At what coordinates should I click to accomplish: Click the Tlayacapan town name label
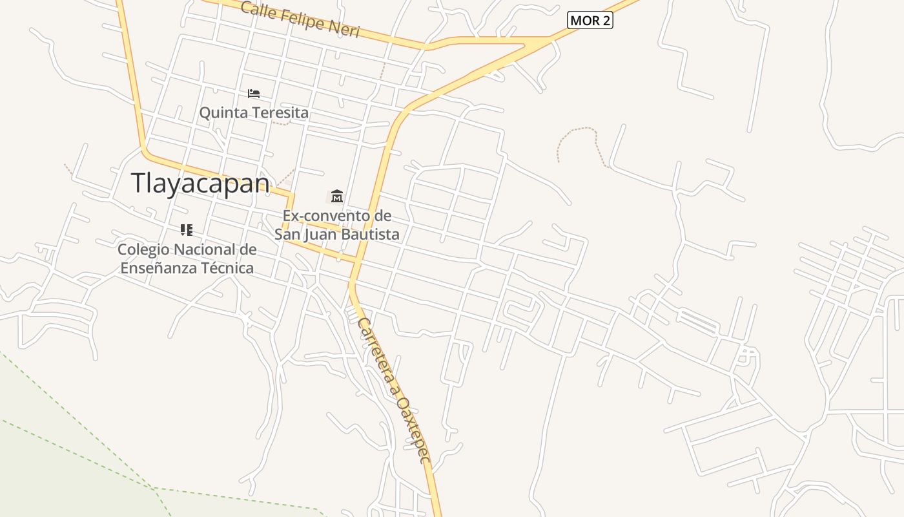coord(200,183)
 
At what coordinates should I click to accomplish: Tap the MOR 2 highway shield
coord(590,21)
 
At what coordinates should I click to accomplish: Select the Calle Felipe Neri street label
coord(300,19)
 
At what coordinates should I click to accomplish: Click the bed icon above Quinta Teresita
coord(254,94)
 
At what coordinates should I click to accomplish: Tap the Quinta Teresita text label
coord(254,112)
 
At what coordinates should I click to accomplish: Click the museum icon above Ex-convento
coord(336,196)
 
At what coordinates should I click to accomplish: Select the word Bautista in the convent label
coord(370,234)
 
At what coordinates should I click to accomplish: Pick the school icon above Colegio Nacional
coord(187,230)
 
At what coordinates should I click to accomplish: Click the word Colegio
coord(143,249)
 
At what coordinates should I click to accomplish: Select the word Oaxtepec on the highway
coord(413,430)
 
